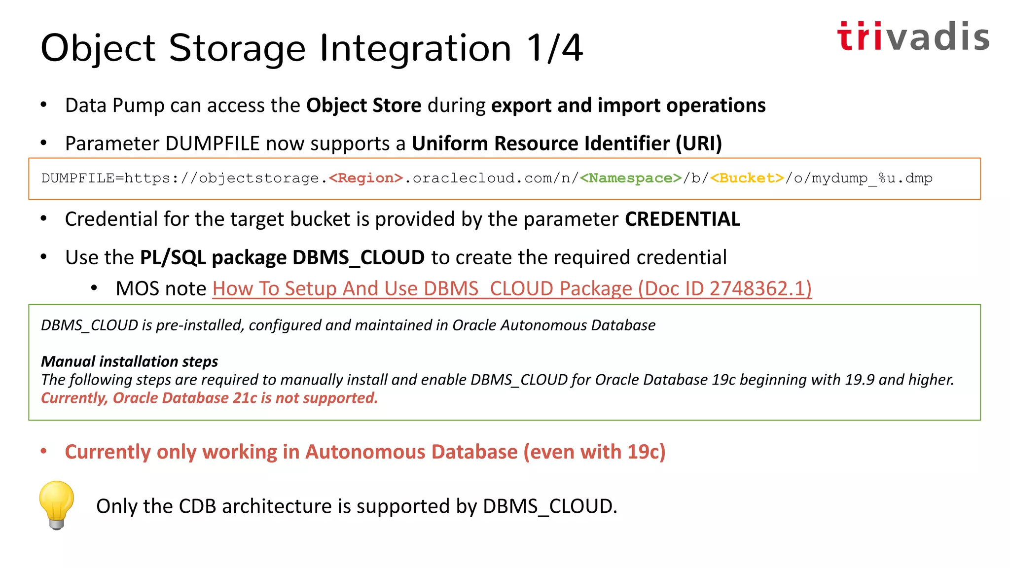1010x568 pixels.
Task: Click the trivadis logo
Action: pos(913,37)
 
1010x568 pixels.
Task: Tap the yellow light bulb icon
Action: pos(57,504)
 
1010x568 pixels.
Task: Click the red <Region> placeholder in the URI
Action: pos(366,178)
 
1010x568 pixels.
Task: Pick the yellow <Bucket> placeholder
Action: pos(747,178)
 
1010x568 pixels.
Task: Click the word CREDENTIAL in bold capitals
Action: pos(683,219)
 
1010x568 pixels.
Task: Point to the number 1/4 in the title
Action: pos(554,48)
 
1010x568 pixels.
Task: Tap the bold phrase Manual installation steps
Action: pos(129,361)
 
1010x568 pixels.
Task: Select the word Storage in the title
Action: pos(237,48)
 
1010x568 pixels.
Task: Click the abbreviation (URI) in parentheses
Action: pos(699,143)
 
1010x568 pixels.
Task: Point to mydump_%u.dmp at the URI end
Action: pos(872,178)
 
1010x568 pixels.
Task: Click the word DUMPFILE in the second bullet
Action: pos(213,143)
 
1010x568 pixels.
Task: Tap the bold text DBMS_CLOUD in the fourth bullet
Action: pos(359,257)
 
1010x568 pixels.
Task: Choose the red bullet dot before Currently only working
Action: pos(44,451)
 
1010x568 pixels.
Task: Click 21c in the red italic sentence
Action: pos(245,398)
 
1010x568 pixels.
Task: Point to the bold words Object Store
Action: pos(363,106)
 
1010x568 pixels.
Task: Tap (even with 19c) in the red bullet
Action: pos(594,452)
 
